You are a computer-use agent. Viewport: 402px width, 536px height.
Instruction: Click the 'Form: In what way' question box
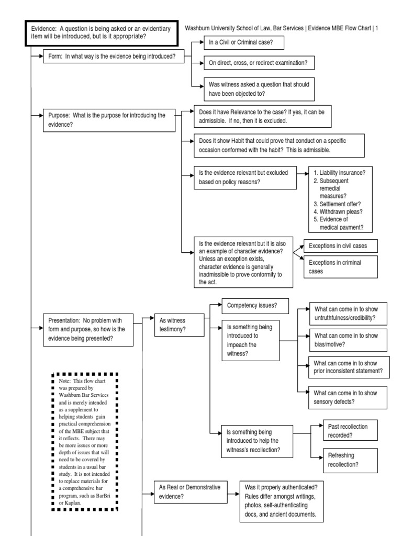click(x=114, y=56)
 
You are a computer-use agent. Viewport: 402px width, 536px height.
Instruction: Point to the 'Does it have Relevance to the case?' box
click(x=263, y=116)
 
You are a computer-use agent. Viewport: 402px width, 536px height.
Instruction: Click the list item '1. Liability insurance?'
click(x=339, y=173)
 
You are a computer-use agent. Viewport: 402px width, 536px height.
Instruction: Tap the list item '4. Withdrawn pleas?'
click(x=338, y=211)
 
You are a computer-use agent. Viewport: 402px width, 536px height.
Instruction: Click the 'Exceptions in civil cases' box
click(x=341, y=245)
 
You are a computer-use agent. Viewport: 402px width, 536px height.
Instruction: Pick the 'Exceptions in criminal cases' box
click(x=341, y=266)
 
